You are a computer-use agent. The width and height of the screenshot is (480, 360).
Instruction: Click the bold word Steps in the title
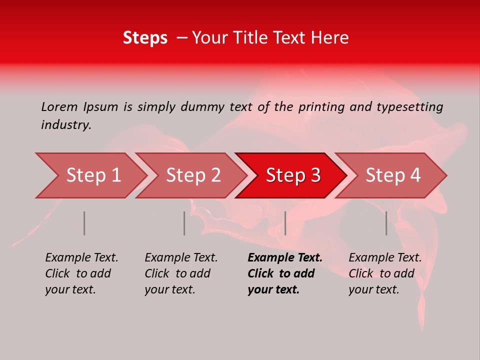point(145,38)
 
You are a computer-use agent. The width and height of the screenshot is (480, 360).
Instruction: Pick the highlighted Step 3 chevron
point(293,175)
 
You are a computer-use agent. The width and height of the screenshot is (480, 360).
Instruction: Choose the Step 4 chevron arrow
point(393,175)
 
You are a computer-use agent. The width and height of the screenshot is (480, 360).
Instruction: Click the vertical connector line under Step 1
point(84,223)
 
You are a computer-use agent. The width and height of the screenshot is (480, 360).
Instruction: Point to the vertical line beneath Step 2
point(184,223)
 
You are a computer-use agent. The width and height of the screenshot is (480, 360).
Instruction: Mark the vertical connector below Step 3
point(285,223)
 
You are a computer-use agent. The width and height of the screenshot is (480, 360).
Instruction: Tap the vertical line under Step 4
point(386,223)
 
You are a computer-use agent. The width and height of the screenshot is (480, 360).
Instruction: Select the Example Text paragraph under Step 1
point(81,273)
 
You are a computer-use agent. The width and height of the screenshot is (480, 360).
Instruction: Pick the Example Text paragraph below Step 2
point(180,273)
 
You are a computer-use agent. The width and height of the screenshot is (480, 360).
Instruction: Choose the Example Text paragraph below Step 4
point(384,273)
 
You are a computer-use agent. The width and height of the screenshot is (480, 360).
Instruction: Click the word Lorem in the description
point(59,106)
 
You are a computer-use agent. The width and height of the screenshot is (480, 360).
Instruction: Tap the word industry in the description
point(66,125)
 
